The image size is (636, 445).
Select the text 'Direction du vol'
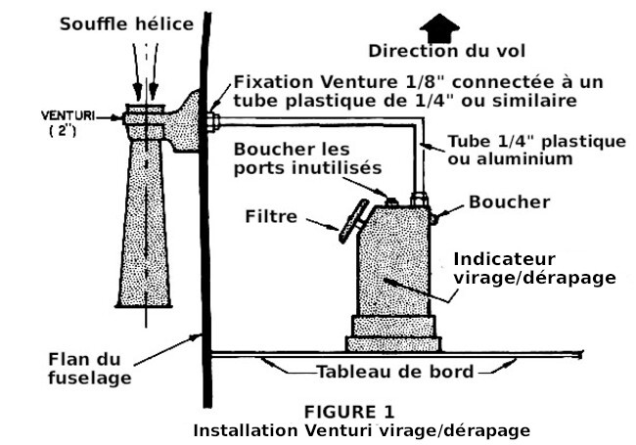439,51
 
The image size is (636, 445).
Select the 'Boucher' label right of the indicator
510,202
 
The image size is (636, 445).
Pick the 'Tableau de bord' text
394,372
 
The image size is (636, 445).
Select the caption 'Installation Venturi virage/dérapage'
361,429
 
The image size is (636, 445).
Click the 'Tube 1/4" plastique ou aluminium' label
535,150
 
